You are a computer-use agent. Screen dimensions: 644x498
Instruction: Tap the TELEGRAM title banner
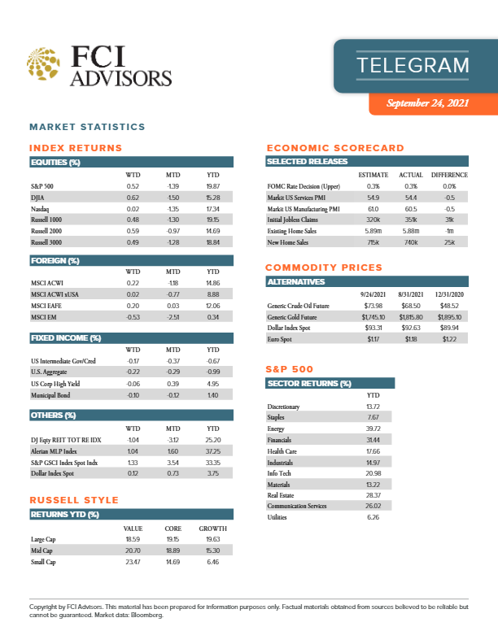click(413, 65)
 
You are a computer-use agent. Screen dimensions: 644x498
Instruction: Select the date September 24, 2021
click(429, 103)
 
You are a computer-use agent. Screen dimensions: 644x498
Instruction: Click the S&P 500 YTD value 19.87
click(214, 186)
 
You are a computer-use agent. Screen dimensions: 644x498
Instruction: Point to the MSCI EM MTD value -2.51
click(173, 316)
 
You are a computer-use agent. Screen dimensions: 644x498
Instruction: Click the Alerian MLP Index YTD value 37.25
click(214, 450)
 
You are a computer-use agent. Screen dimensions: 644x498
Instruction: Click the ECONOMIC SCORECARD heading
click(335, 148)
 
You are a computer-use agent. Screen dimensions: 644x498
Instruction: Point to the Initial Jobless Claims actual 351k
click(409, 220)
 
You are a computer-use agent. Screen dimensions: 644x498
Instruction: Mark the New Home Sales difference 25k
click(449, 242)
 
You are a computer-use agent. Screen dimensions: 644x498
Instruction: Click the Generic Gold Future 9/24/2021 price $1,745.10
click(370, 316)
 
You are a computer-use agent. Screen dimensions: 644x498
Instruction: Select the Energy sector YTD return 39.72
click(374, 429)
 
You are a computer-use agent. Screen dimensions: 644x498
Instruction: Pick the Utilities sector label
click(278, 516)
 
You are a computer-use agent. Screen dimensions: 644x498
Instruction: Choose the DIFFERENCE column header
click(449, 175)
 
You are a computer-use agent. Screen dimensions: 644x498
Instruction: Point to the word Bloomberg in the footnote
click(146, 616)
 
